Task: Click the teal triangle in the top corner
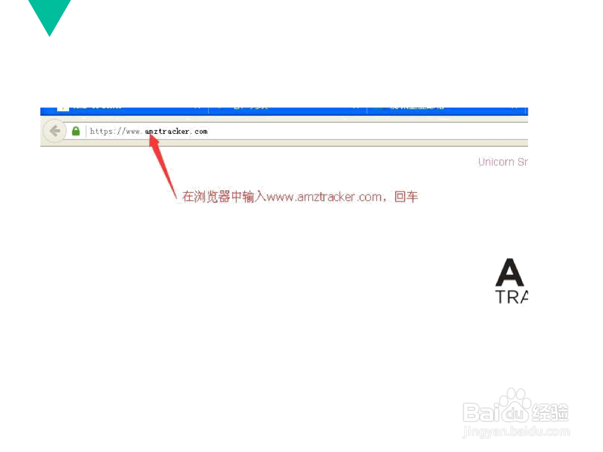coord(49,13)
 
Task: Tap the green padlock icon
coord(75,131)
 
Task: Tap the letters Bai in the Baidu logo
coord(482,412)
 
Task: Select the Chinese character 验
coord(560,412)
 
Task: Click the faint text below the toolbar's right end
coord(503,162)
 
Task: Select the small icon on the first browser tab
coord(62,109)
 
